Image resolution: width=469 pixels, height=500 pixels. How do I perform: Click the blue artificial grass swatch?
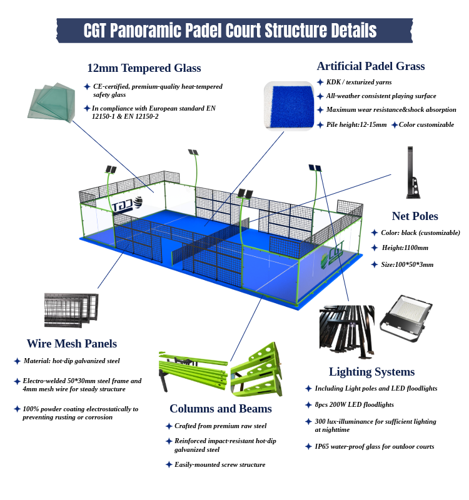(288, 105)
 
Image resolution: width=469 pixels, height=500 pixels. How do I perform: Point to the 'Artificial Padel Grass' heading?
(370, 66)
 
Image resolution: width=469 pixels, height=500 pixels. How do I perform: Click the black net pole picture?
(412, 172)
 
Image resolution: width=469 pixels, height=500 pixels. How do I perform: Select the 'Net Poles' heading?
(415, 216)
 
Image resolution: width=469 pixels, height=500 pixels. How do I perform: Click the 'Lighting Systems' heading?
(371, 372)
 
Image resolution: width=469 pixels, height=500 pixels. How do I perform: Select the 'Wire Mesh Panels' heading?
(71, 344)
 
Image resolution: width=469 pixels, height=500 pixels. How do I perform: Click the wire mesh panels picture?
(71, 311)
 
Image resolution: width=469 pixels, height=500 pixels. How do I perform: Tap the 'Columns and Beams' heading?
(220, 409)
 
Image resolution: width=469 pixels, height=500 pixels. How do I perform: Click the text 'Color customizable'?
(426, 125)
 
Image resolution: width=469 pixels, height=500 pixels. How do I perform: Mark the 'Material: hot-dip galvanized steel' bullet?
(71, 361)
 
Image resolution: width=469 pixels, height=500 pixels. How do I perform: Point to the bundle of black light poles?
(346, 328)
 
